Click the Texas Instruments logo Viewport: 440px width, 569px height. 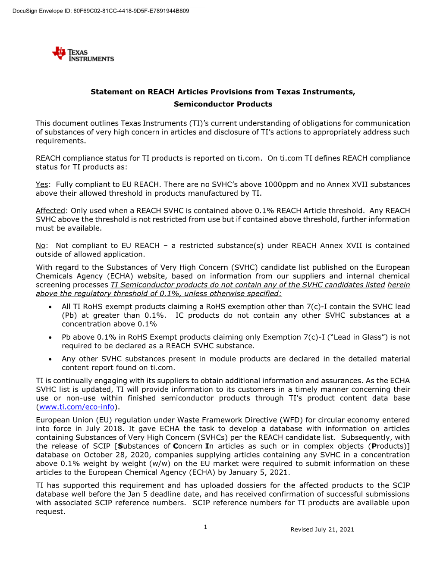click(x=83, y=54)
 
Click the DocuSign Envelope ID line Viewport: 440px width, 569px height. click(x=101, y=11)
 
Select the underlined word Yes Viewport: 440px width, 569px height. click(x=42, y=184)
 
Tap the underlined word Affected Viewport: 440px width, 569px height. click(x=50, y=211)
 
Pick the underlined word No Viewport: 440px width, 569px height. click(x=41, y=246)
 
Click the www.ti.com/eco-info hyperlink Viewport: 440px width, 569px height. click(x=77, y=407)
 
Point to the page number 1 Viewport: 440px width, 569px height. click(x=206, y=527)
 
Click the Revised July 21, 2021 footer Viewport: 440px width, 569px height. click(x=322, y=529)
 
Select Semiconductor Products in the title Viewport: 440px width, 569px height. click(x=223, y=104)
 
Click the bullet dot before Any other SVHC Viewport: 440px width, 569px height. click(x=50, y=359)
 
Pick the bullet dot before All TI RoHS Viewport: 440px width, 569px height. click(x=50, y=307)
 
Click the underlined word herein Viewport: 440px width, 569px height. click(x=399, y=285)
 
